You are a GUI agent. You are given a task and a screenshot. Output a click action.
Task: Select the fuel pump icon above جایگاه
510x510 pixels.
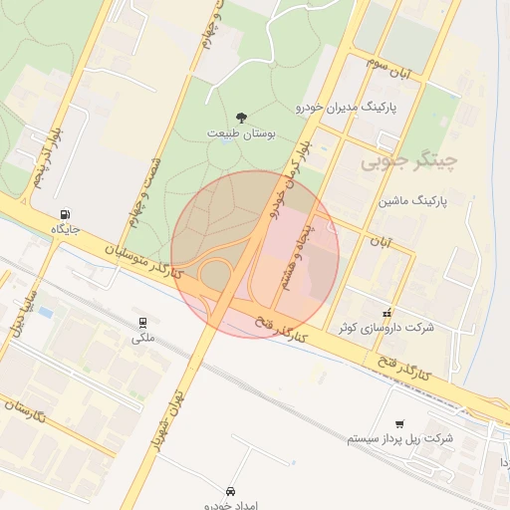coord(66,213)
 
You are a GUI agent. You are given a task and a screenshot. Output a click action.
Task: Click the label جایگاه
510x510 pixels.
coord(66,228)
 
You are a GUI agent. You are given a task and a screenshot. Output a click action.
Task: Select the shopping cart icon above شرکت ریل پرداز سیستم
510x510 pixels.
coord(399,423)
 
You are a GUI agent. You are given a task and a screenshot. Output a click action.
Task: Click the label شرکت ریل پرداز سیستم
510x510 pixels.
coord(400,438)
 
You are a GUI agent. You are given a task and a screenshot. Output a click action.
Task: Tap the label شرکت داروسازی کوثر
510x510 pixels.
coord(387,328)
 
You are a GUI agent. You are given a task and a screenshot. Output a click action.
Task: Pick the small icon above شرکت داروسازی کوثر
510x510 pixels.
coord(387,313)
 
